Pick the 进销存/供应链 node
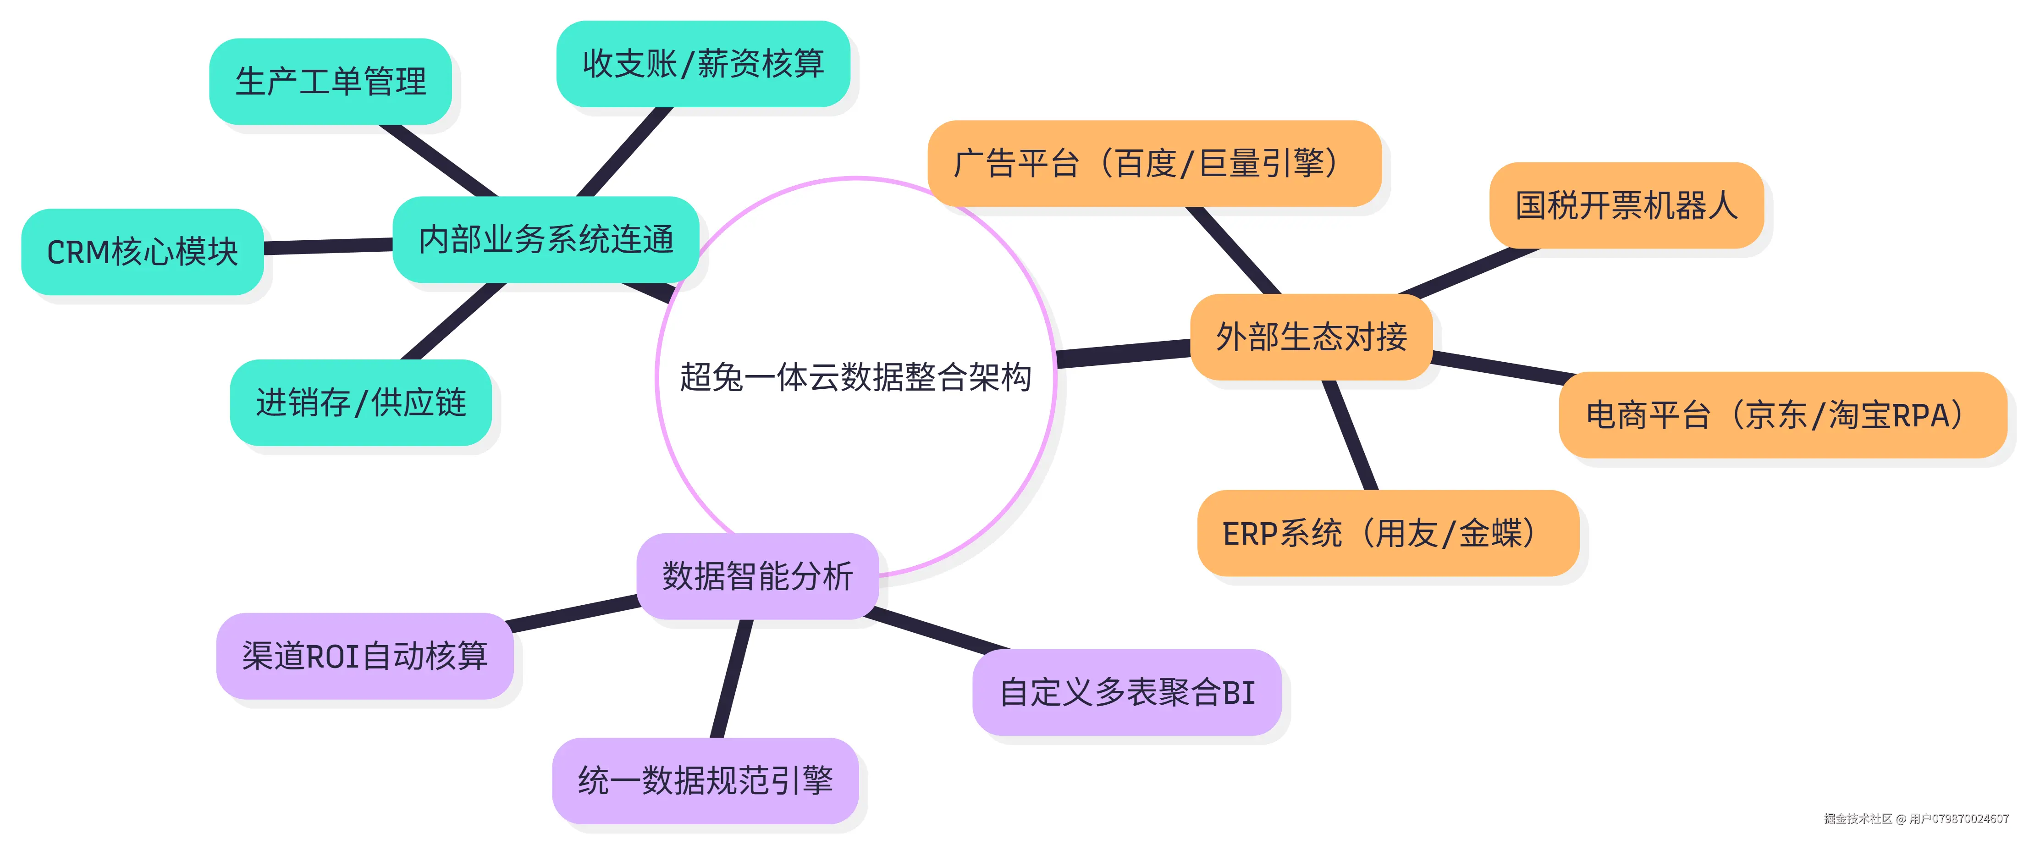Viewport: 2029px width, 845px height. pos(361,403)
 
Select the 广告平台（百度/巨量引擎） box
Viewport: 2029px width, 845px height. pos(1154,164)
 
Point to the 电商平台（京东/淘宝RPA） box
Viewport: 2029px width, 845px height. pos(1781,415)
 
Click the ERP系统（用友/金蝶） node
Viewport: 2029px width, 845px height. pos(1387,533)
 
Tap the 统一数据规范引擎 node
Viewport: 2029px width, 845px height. pos(705,780)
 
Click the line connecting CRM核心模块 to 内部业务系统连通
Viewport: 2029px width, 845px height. pos(328,247)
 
